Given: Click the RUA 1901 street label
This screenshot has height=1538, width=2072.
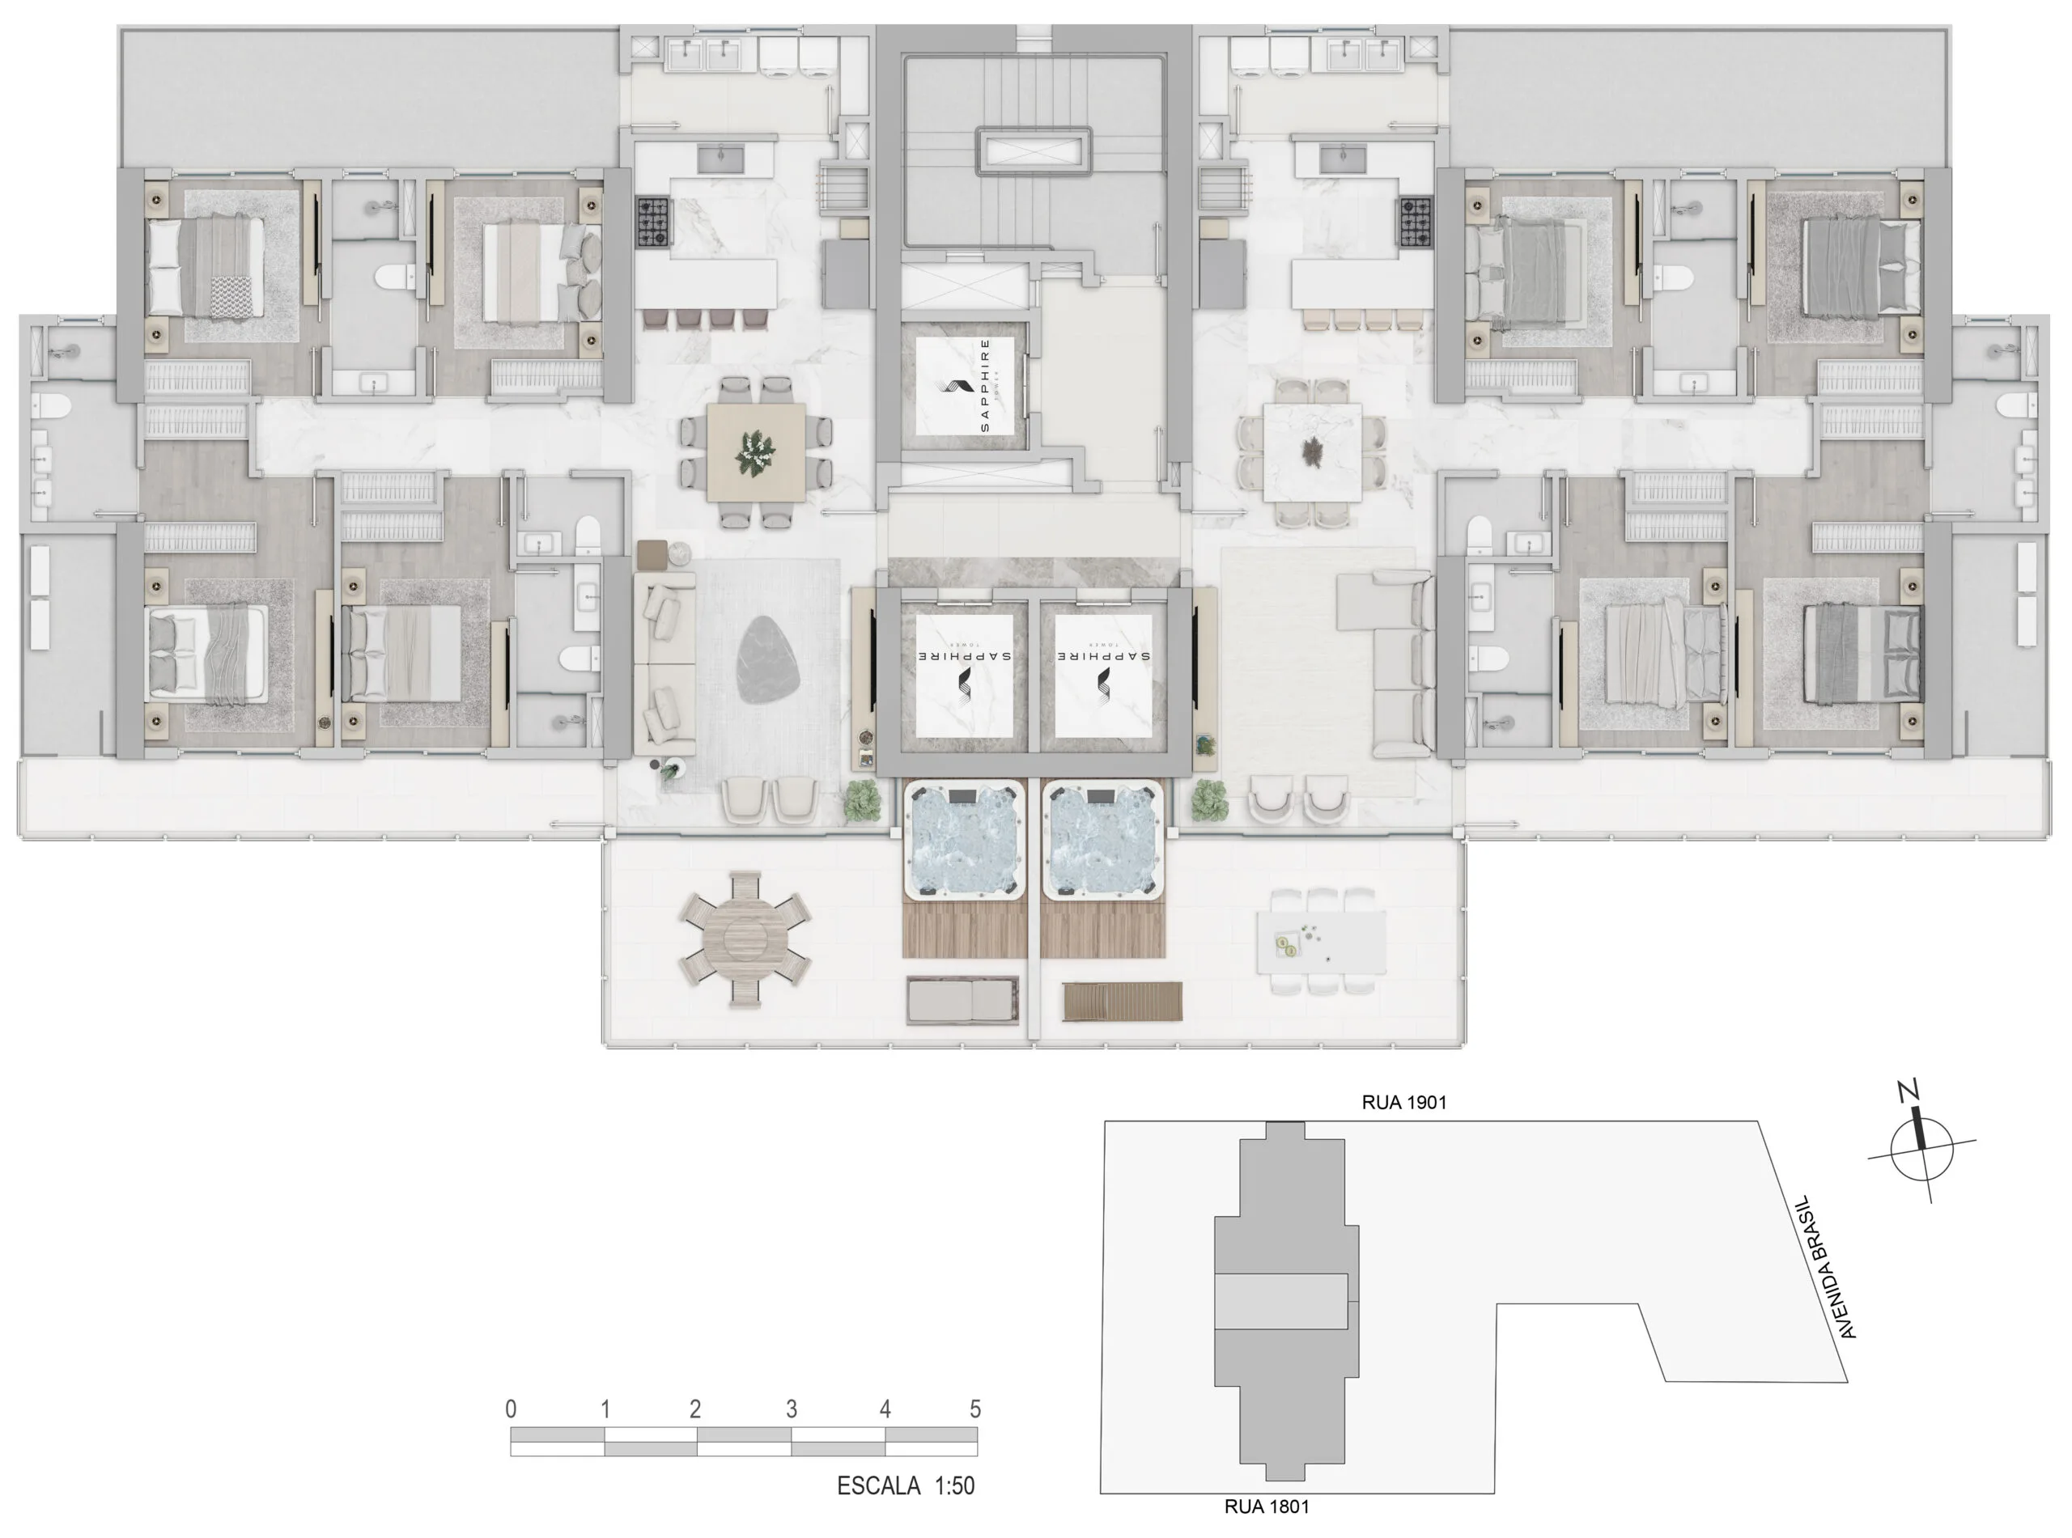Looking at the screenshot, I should (x=1403, y=1102).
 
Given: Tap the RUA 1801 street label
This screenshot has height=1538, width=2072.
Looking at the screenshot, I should (x=1266, y=1506).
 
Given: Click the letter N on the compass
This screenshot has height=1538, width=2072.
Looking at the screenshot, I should (x=1909, y=1091).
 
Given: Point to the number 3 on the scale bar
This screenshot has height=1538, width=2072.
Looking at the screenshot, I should (x=791, y=1409).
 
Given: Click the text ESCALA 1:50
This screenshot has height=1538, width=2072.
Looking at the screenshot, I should (x=905, y=1486).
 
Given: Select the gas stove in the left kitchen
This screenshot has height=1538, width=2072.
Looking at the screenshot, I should (x=654, y=222).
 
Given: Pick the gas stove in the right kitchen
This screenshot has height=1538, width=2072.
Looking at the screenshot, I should (x=1415, y=222).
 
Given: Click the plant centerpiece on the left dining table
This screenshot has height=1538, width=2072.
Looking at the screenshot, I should (x=754, y=453).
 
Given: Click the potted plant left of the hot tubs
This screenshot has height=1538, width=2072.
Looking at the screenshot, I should (x=862, y=801).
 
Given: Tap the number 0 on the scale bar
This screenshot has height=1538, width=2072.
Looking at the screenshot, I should (x=511, y=1409).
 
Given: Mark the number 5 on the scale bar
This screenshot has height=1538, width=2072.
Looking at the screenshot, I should (x=975, y=1409).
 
